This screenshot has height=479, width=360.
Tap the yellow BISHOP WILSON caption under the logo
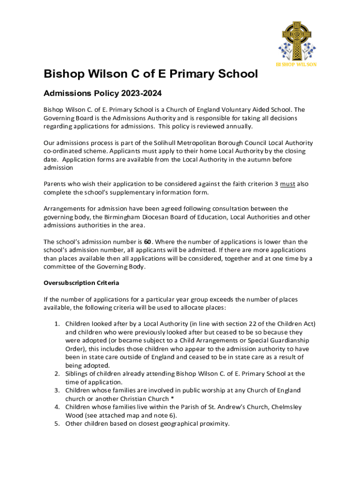pos(296,64)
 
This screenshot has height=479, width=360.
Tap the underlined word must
pos(288,184)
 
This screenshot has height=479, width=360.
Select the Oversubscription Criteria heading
pos(81,283)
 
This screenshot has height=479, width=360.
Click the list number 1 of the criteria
pos(56,324)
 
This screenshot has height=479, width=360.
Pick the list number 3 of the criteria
pos(56,390)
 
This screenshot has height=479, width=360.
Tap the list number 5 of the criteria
pos(56,424)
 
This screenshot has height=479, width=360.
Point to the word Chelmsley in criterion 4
pos(286,407)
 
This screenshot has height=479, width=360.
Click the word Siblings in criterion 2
pos(78,374)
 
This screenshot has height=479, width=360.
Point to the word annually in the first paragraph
pos(239,126)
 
